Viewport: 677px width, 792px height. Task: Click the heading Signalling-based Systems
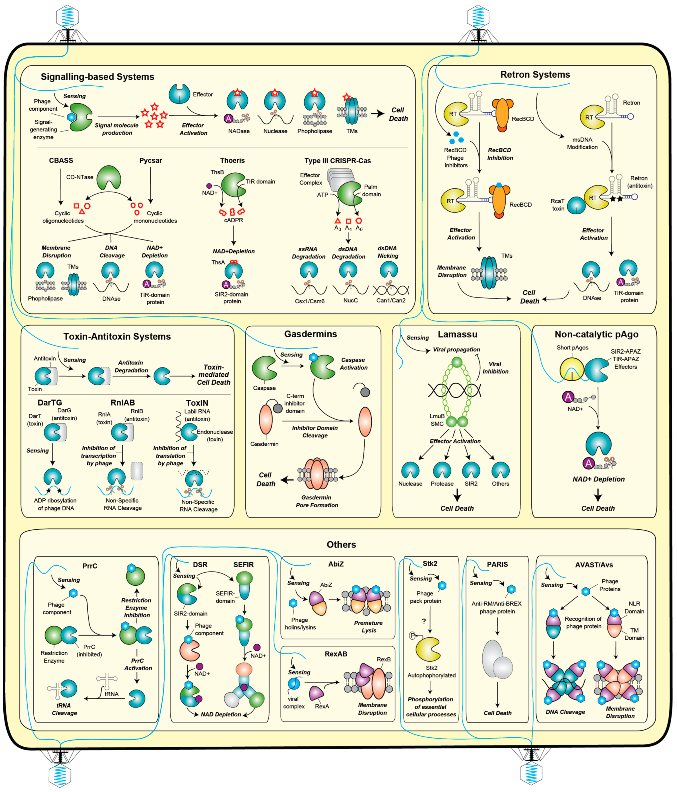(98, 77)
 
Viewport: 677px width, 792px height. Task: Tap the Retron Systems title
(535, 75)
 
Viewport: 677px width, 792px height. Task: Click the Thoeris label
(232, 161)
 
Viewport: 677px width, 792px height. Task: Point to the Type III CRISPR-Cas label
(337, 161)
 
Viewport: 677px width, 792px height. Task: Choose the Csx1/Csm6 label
(309, 301)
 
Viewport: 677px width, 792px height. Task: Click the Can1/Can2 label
(391, 300)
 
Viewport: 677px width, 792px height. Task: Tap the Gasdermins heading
(310, 334)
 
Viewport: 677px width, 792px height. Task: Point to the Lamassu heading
(457, 335)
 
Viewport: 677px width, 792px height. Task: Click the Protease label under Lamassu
(442, 484)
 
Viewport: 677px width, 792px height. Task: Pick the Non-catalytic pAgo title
(596, 335)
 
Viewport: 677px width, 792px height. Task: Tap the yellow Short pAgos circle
(572, 369)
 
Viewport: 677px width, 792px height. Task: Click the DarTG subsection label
(50, 402)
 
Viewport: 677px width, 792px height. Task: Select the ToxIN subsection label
(197, 403)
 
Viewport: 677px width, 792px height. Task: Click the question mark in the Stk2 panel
(424, 621)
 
